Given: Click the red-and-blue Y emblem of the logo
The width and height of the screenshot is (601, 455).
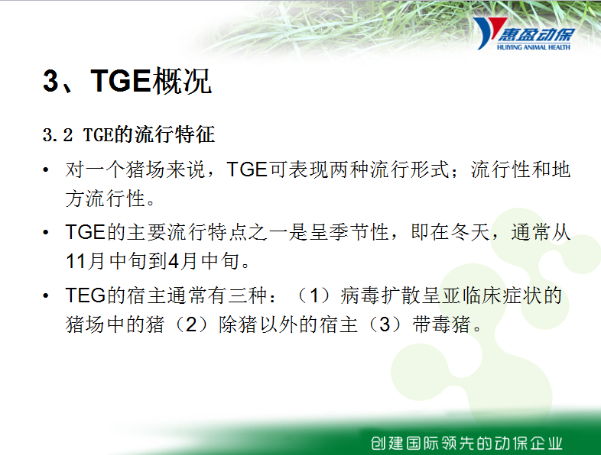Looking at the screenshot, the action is point(488,33).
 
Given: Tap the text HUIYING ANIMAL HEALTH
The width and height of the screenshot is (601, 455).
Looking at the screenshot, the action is point(534,47).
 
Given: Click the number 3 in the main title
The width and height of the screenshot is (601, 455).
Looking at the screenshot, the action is point(50,81).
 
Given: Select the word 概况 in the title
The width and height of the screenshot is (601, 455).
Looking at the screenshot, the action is point(182,81).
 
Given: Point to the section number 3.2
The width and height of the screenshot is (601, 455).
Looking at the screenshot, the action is point(57,135).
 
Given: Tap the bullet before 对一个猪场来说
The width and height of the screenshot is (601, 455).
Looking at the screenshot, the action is point(46,169).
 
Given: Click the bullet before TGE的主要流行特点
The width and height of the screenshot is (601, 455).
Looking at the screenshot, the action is point(46,232).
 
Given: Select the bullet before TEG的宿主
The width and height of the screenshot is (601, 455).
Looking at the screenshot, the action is point(46,295).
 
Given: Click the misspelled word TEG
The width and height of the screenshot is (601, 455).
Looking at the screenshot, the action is point(85,295).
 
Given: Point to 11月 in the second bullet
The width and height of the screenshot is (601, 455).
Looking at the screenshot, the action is point(85,261).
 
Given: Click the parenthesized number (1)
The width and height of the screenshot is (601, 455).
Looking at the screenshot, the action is point(314,295).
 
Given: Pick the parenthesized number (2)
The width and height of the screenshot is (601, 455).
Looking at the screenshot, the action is point(191,324).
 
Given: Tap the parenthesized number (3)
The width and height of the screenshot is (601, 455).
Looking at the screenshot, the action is point(385,324).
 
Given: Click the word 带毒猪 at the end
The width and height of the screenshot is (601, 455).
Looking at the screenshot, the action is point(441,324).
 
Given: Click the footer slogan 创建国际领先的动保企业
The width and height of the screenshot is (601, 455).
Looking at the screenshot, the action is point(466,443).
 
